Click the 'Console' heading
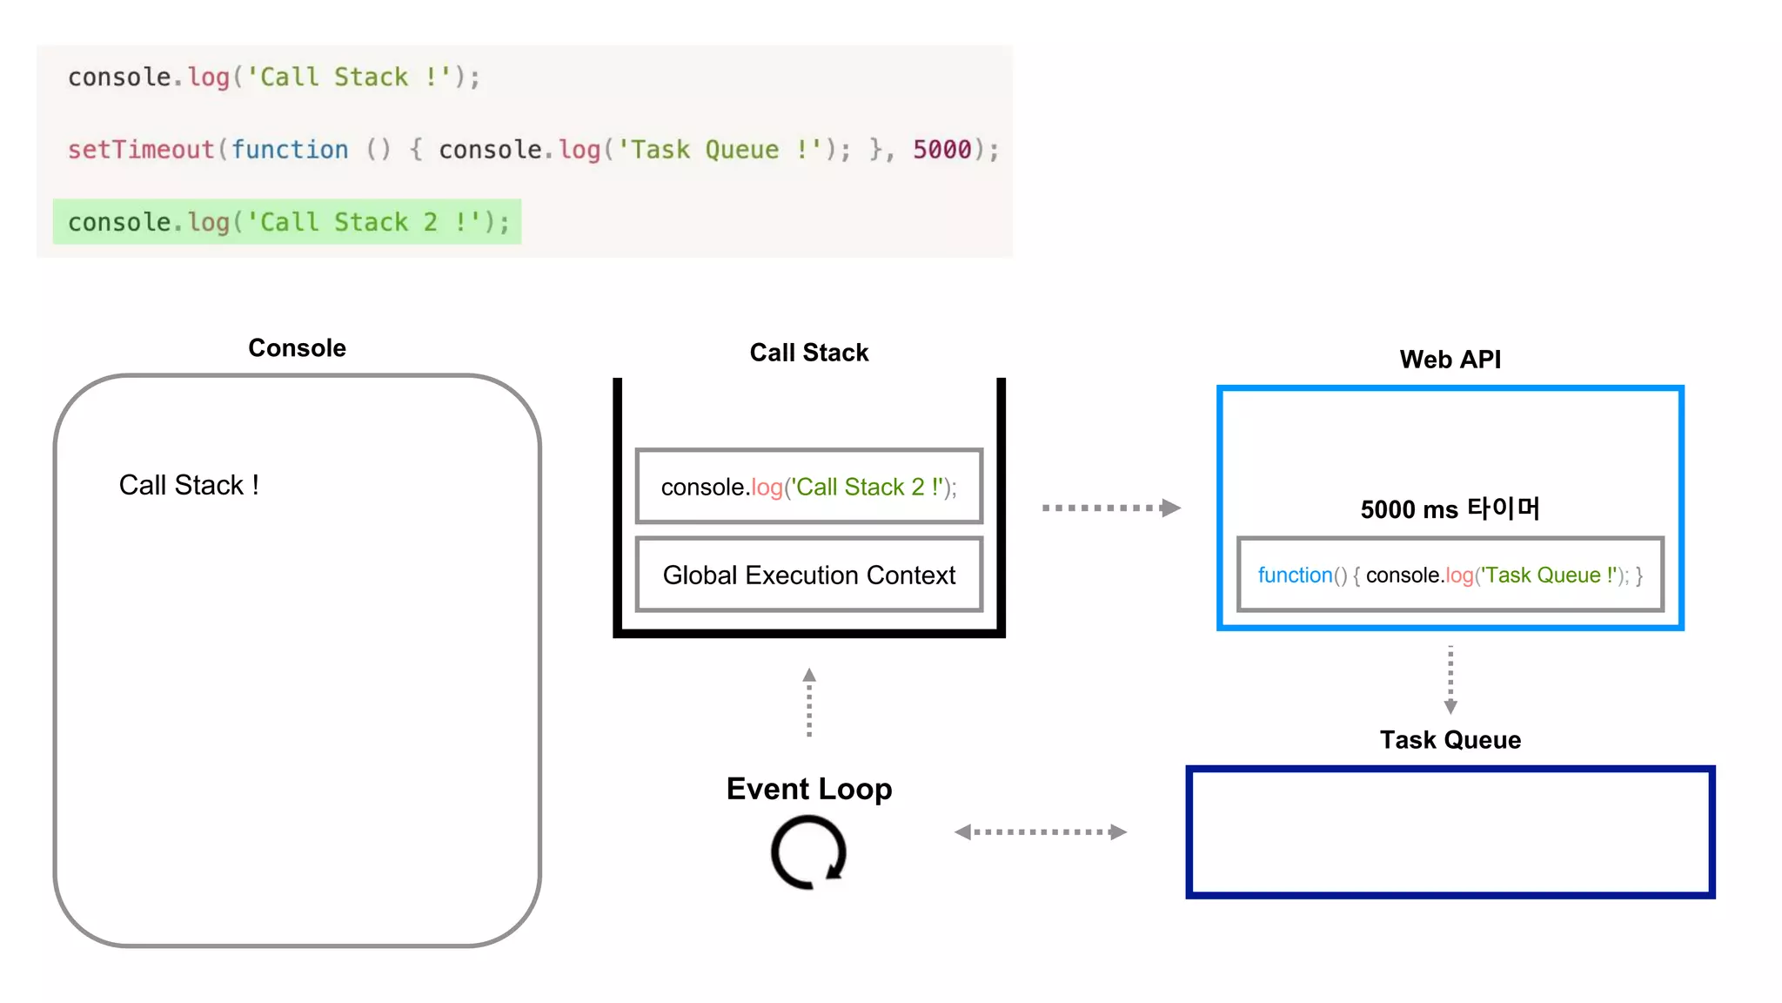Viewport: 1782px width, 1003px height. click(297, 348)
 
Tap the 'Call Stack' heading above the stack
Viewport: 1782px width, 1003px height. click(808, 353)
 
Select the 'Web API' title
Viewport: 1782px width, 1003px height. click(1450, 360)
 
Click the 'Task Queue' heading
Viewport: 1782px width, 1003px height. click(1450, 740)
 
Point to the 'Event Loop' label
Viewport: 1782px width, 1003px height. click(808, 789)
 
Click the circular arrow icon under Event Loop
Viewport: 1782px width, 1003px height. click(808, 852)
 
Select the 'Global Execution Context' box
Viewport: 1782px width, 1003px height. click(808, 575)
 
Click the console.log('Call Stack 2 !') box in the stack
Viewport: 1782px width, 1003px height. click(808, 487)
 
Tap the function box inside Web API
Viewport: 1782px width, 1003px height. click(1450, 575)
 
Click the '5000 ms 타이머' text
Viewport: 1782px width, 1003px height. click(1450, 509)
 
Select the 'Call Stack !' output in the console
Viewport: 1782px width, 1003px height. click(189, 485)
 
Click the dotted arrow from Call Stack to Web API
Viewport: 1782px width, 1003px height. click(1110, 508)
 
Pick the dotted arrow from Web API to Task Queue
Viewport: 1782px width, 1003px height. click(1450, 680)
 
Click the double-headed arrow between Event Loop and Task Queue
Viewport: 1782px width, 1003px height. click(1040, 832)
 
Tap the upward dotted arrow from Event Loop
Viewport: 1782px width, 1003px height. click(809, 703)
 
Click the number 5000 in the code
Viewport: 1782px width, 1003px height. click(941, 150)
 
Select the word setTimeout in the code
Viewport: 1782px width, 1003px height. click(141, 150)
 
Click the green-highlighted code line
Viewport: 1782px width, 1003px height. click(287, 222)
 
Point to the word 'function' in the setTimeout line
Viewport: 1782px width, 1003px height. click(290, 150)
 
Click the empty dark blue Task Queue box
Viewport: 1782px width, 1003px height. click(1450, 832)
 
